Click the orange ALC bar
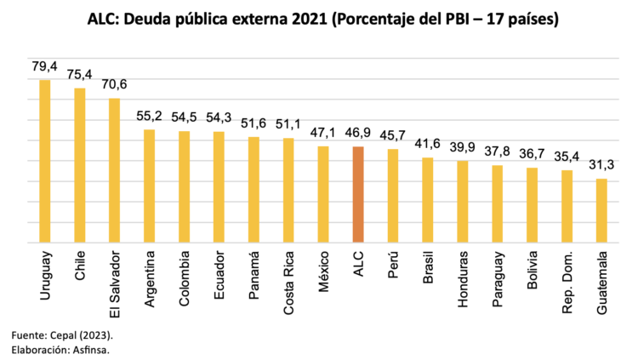[x=358, y=195]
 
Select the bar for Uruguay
[x=44, y=162]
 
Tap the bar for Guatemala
[x=601, y=210]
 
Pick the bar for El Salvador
[x=114, y=170]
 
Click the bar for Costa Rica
[x=288, y=191]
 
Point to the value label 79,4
[x=44, y=66]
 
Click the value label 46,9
[x=358, y=134]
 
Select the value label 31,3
[x=601, y=165]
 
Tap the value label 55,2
[x=149, y=117]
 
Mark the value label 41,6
[x=428, y=144]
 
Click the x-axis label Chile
[x=80, y=266]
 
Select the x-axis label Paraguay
[x=498, y=277]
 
